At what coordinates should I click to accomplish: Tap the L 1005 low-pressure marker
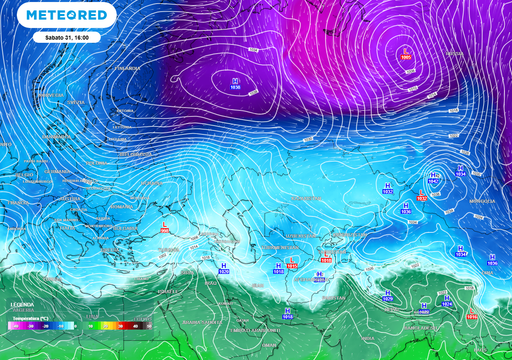tap(405, 53)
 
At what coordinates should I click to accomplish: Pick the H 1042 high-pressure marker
tap(434, 177)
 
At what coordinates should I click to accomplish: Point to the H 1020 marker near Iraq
tap(222, 268)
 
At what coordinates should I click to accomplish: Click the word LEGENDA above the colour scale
tap(22, 304)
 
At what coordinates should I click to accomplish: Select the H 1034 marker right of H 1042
tap(460, 169)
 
